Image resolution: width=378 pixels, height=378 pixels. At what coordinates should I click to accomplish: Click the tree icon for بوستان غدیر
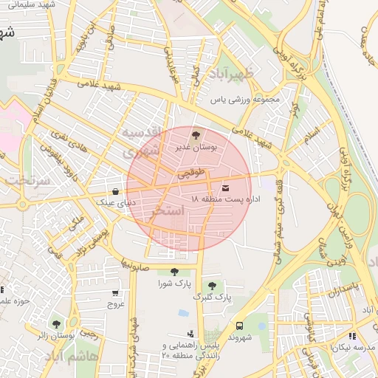pos(196,135)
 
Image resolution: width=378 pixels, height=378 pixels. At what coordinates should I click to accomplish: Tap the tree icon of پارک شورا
pos(174,272)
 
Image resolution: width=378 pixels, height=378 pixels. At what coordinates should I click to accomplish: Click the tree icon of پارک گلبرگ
pos(213,285)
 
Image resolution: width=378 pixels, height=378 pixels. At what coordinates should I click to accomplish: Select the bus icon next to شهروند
pos(239,326)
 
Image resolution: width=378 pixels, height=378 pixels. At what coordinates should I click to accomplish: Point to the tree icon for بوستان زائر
pos(56,323)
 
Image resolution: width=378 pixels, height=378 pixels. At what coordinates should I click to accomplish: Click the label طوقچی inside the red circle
pos(190,176)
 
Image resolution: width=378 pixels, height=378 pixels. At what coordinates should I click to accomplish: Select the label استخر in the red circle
pos(168,212)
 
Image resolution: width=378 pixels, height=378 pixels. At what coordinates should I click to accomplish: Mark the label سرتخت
pos(26,179)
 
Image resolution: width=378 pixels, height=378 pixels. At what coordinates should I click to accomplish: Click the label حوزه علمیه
pos(13,300)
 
